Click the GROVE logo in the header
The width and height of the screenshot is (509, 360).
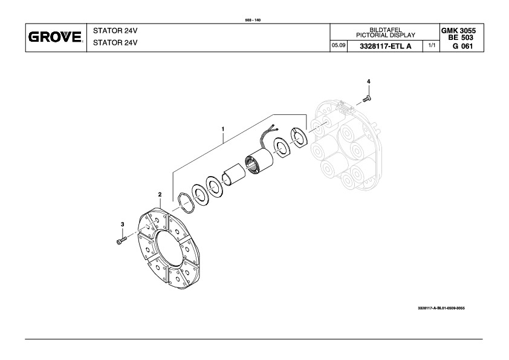coord(55,38)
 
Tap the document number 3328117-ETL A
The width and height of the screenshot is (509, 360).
coord(385,46)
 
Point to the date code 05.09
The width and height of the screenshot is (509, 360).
coord(339,46)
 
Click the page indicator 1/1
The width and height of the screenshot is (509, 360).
coord(432,46)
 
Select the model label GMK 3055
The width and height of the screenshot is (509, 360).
coord(462,30)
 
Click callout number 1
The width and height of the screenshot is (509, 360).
coord(223,129)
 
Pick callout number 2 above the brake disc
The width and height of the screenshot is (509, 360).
coord(160,194)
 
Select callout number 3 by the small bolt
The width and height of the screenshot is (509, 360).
coord(123,224)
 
